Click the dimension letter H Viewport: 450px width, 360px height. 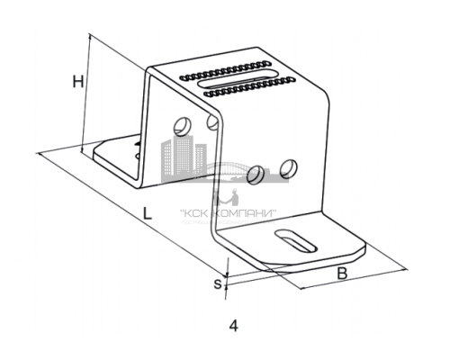click(78, 82)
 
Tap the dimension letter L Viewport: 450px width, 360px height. click(147, 213)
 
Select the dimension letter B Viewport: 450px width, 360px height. click(342, 274)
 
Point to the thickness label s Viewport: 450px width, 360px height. click(218, 283)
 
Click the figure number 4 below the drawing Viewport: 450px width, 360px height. click(234, 326)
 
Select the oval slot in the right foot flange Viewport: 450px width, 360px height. click(296, 240)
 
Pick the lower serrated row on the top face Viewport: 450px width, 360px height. click(249, 86)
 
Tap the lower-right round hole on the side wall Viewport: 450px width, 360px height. click(288, 168)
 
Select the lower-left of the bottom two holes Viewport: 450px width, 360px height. click(256, 175)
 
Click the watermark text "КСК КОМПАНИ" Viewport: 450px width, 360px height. click(228, 213)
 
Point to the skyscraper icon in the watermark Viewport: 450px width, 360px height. click(184, 158)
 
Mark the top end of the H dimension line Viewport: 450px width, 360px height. click(89, 34)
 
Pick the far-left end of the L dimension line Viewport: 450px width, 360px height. click(39, 154)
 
